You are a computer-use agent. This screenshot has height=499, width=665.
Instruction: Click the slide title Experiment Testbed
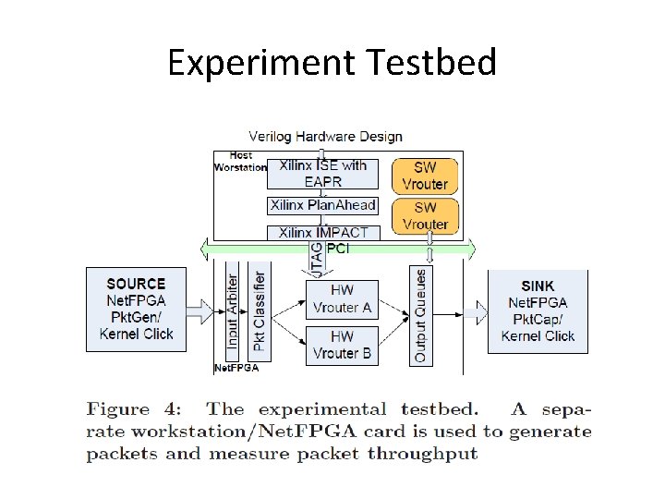click(332, 63)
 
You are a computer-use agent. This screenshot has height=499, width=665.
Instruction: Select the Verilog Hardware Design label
click(325, 137)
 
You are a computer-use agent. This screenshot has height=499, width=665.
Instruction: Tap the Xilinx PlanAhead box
click(322, 205)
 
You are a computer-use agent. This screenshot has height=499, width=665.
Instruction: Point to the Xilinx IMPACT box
click(322, 233)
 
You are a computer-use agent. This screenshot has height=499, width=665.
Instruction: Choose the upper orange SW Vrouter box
click(425, 176)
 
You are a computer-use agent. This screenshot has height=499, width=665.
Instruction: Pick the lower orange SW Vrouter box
click(425, 215)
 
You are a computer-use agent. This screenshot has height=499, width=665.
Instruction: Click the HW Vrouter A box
click(342, 298)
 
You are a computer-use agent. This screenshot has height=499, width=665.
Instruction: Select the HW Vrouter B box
click(342, 345)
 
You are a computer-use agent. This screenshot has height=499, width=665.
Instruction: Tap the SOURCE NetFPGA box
click(136, 309)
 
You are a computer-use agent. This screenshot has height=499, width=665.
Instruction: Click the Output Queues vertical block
click(420, 315)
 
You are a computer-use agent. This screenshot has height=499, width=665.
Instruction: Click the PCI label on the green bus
click(342, 249)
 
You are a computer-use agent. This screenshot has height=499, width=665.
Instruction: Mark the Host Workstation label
click(240, 162)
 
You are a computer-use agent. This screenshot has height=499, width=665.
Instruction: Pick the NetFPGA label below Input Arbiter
click(236, 368)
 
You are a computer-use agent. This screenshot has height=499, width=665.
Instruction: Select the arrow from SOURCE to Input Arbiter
click(200, 311)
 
